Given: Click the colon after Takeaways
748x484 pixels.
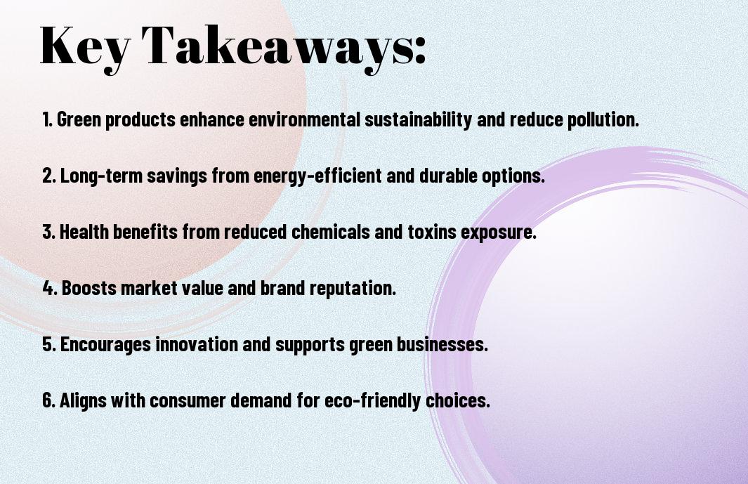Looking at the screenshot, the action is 420,50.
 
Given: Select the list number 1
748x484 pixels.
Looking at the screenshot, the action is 47,119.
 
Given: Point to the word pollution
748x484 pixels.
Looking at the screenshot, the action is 603,119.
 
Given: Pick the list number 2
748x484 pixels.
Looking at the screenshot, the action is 48,176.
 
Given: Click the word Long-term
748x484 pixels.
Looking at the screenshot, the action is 101,176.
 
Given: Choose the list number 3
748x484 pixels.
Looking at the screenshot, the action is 48,232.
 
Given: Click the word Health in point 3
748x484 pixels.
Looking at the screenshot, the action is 84,232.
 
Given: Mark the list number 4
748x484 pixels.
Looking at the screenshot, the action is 50,288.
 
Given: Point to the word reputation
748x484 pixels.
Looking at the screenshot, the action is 353,288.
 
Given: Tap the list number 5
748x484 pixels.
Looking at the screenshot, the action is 48,344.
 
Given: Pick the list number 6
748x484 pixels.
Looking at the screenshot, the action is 48,400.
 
